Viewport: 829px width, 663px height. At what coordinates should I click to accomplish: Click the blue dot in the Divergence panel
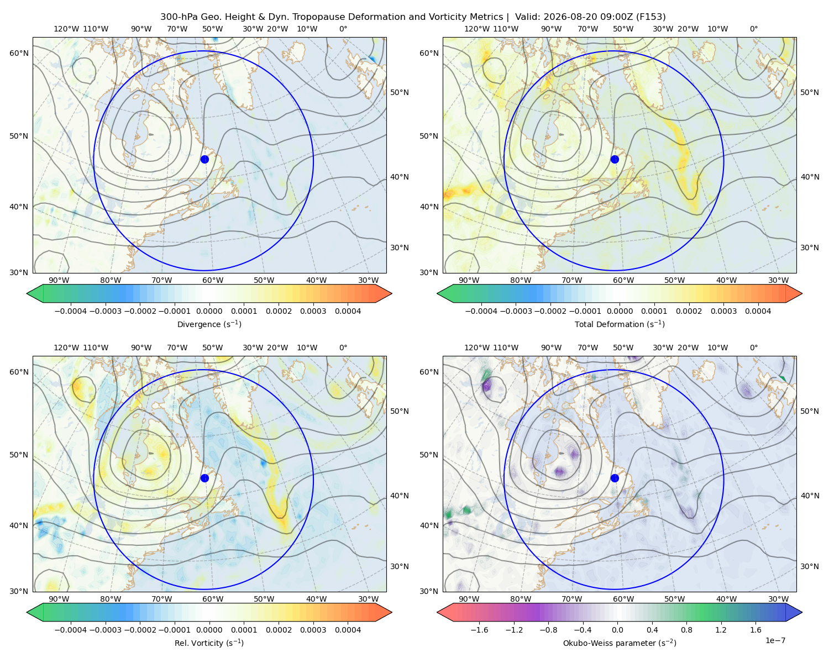tap(204, 159)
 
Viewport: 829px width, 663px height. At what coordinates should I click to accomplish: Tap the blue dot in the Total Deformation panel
tap(615, 159)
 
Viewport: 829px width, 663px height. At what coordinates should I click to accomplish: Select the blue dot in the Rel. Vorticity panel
tap(204, 478)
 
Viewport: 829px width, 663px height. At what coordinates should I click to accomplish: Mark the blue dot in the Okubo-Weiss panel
tap(615, 478)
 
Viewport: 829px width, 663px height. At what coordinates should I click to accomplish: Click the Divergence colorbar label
tap(209, 324)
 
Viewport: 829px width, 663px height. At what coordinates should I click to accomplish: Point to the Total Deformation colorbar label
tap(620, 324)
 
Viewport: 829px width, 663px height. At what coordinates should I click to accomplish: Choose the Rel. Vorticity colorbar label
tap(209, 643)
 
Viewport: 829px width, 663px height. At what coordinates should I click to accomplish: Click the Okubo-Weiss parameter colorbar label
tap(620, 643)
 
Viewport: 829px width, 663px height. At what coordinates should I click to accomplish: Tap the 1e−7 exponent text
tap(775, 640)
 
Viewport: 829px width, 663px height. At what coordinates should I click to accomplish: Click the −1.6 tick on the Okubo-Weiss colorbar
tap(479, 630)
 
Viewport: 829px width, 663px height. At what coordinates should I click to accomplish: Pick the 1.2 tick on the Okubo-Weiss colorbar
tap(721, 630)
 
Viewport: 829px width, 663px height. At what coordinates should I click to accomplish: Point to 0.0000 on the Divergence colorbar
tap(209, 311)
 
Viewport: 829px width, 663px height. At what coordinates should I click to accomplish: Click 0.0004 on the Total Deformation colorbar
tap(758, 311)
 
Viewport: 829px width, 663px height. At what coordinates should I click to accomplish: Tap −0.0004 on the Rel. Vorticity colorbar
tap(71, 630)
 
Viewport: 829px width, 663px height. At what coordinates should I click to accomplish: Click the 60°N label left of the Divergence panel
tap(19, 53)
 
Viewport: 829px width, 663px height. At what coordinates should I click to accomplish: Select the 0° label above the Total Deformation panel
tap(753, 29)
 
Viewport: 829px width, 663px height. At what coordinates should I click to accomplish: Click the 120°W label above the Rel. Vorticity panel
tap(66, 348)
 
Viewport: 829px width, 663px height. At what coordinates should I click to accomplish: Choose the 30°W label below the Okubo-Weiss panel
tap(779, 599)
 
